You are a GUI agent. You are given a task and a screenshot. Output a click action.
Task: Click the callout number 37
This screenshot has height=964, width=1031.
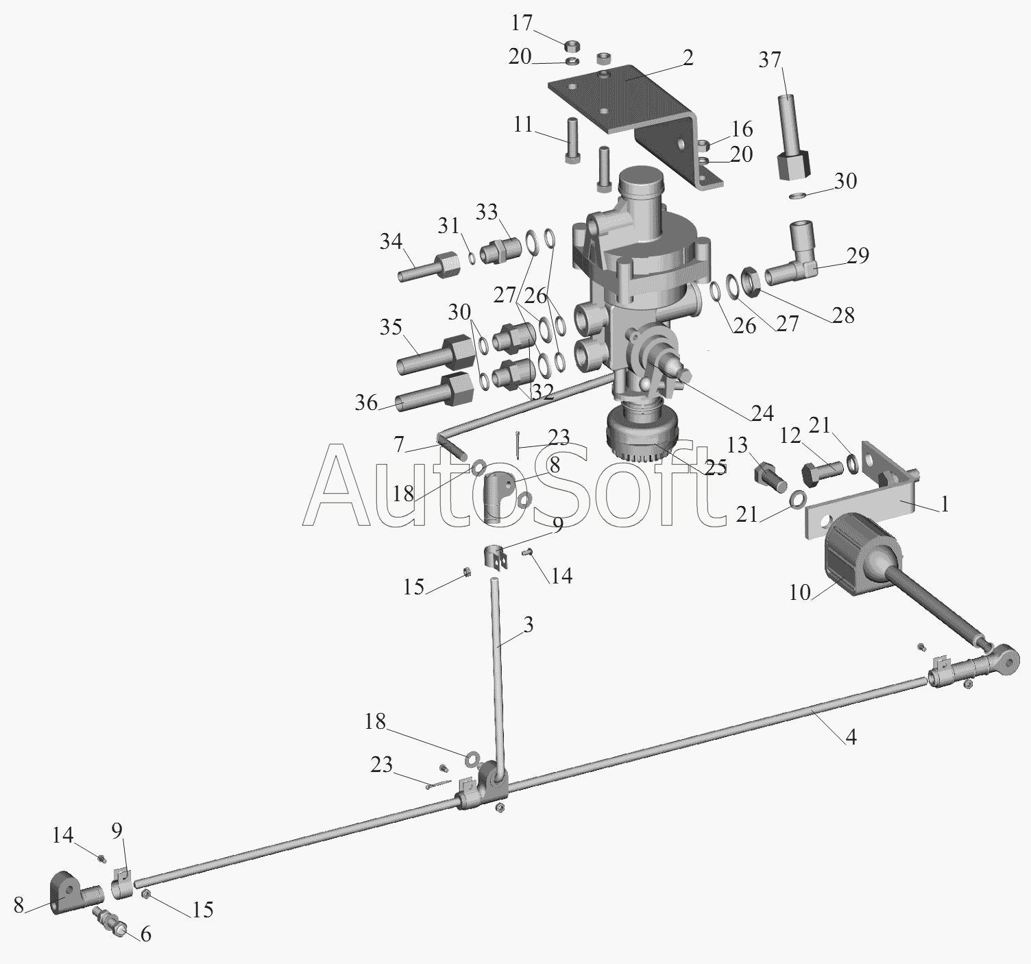770,60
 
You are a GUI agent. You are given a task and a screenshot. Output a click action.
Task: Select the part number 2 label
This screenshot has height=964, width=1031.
688,58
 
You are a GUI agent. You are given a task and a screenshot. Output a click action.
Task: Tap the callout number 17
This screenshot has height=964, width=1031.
522,23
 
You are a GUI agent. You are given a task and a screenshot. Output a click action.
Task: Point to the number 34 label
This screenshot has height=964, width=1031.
391,241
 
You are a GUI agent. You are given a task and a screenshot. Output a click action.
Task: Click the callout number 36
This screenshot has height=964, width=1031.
366,403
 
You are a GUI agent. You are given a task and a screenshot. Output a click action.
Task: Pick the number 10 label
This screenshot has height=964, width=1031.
800,592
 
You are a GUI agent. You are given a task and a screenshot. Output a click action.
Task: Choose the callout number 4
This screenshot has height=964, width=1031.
851,737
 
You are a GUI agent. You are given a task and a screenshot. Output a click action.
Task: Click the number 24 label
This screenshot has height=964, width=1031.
762,413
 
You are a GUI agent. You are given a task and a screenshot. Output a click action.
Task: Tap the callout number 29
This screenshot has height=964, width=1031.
858,256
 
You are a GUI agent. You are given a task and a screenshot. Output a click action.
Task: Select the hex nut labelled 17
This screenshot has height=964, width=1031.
572,46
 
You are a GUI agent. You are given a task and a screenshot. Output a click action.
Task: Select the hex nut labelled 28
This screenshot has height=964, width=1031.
751,281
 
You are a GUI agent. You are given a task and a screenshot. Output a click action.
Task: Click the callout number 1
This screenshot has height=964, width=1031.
945,503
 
